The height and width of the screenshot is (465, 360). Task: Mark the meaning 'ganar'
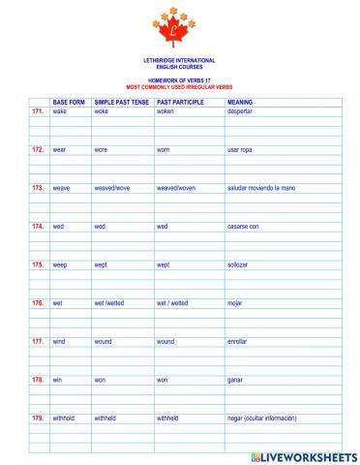tap(234, 380)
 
